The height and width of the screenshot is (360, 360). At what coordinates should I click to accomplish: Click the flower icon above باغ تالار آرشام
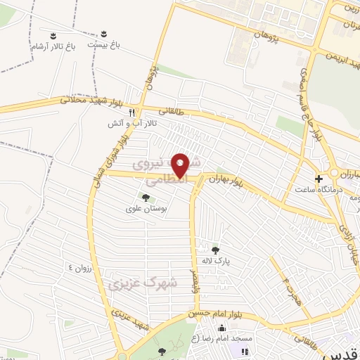tap(53, 34)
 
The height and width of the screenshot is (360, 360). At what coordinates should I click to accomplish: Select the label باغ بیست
tap(104, 44)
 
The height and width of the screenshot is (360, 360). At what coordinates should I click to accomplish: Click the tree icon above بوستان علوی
tap(146, 198)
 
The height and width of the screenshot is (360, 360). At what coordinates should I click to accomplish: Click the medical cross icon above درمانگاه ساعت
tap(319, 178)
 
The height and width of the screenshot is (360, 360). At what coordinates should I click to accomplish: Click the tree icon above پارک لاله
tap(215, 248)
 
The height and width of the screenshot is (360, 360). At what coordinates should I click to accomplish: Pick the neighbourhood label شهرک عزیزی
tap(141, 283)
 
